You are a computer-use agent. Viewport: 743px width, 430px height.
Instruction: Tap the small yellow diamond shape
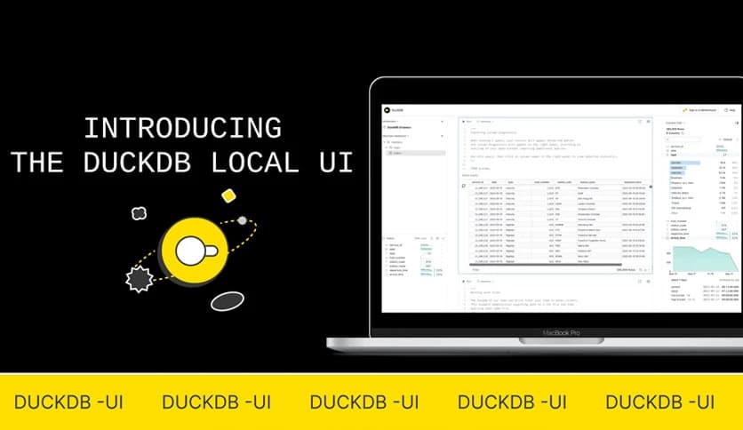[x=228, y=195]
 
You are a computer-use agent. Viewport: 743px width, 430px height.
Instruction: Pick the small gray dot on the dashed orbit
[x=242, y=220]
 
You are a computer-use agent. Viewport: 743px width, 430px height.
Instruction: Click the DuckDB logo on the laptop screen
[x=388, y=109]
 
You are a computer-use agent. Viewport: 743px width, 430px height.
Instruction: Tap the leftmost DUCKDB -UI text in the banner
[x=68, y=402]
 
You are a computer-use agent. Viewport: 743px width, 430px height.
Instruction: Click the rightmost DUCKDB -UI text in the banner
[x=659, y=402]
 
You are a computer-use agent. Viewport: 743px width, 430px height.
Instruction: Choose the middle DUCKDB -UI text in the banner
[x=364, y=402]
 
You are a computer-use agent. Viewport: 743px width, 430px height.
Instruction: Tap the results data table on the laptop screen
[x=560, y=222]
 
